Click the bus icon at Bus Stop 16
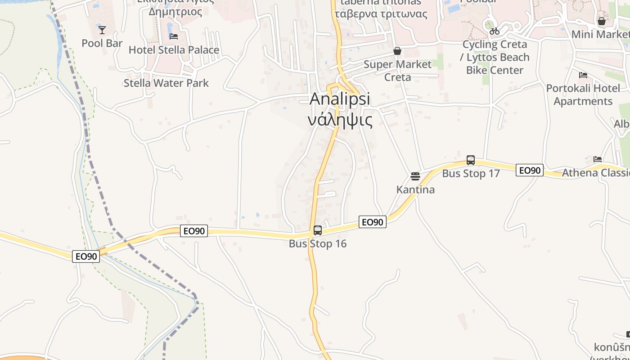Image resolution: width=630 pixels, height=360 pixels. click(318, 230)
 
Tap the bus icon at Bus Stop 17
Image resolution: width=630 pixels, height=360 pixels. click(471, 160)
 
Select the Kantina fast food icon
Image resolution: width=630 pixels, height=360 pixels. click(415, 176)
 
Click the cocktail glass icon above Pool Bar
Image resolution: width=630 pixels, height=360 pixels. click(102, 30)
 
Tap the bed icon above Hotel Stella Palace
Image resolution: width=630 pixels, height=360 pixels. click(174, 36)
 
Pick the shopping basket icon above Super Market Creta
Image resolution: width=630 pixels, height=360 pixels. click(397, 51)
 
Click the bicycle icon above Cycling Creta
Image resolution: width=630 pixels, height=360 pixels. click(495, 31)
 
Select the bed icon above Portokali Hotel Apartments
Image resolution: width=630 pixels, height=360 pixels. click(583, 75)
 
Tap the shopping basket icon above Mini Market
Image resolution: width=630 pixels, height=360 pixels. click(602, 21)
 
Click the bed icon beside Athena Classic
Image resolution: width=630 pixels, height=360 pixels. click(598, 159)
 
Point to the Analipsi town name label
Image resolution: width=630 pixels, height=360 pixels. click(340, 99)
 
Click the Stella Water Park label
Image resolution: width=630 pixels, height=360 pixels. click(166, 83)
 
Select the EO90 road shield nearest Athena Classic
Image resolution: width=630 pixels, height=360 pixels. click(529, 170)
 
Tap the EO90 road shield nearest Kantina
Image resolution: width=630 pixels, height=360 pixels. click(373, 222)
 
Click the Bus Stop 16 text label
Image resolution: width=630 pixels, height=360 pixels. click(318, 244)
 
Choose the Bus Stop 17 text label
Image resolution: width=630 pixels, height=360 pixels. click(471, 174)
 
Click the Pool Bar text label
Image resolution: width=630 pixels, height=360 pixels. click(102, 43)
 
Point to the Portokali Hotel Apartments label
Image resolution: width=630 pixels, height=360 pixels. click(583, 94)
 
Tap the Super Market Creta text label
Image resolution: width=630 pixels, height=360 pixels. click(397, 71)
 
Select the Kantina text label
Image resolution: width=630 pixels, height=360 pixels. click(415, 189)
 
